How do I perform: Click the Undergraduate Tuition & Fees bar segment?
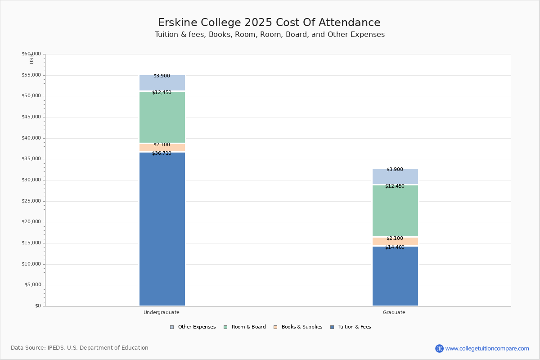pos(162,229)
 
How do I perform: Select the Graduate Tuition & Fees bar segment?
pos(395,276)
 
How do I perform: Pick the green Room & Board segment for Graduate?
pos(395,211)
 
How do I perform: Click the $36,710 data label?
pos(162,153)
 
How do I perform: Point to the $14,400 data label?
pos(395,247)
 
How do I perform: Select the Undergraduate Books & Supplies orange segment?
pos(162,148)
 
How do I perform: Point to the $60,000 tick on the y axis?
pos(31,54)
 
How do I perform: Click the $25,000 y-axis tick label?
pos(31,201)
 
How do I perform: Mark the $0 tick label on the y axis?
pos(37,306)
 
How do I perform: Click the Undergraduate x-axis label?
pos(162,312)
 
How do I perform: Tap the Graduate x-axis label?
pos(394,312)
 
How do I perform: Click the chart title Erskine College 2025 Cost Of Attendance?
pos(269,23)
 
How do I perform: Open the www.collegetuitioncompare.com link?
pos(487,348)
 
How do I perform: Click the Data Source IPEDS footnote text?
pos(80,348)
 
